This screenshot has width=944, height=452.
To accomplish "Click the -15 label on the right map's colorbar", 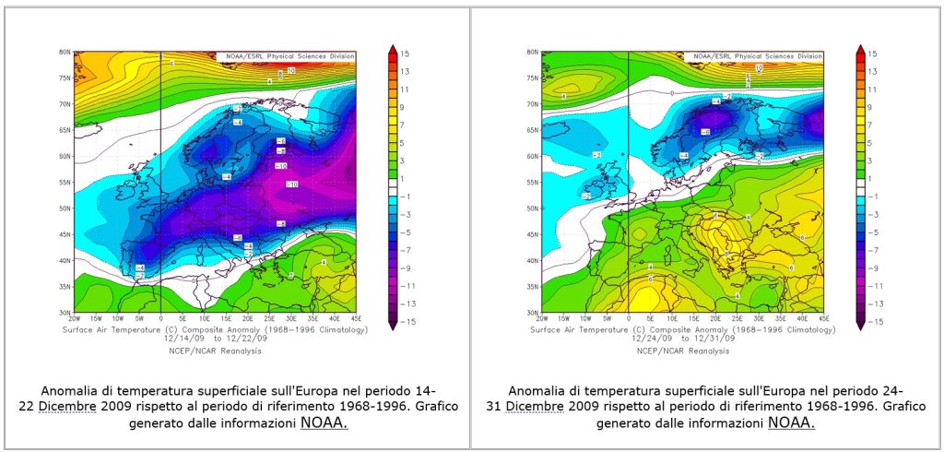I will coord(871,321).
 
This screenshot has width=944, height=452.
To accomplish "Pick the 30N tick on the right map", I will coord(533,313).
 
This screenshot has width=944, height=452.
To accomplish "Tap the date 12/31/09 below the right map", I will coord(718,338).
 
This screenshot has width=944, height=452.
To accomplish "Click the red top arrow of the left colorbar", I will coord(391,49).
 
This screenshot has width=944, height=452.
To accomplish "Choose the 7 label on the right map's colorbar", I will coord(871,125).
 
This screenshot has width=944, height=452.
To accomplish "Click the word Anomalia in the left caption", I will coord(69,389).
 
